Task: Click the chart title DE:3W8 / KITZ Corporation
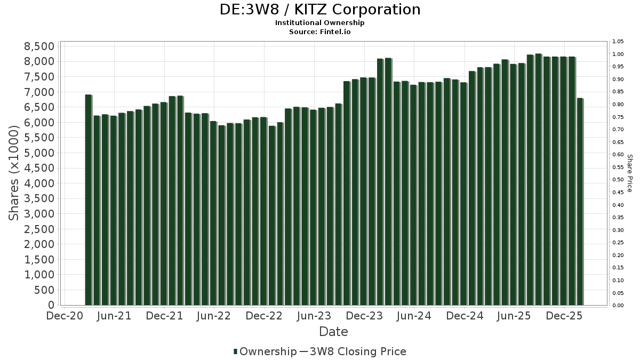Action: pyautogui.click(x=320, y=10)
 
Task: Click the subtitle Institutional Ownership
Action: pyautogui.click(x=320, y=23)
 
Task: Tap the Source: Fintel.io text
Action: pyautogui.click(x=320, y=31)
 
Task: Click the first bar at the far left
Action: pyautogui.click(x=88, y=200)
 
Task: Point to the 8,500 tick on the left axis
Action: pyautogui.click(x=39, y=46)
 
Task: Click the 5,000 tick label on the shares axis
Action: pyautogui.click(x=39, y=153)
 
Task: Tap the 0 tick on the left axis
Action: pyautogui.click(x=51, y=305)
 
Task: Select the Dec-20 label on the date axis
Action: pyautogui.click(x=65, y=316)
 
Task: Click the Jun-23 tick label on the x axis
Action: pyautogui.click(x=315, y=316)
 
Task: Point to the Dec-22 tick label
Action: pyautogui.click(x=265, y=316)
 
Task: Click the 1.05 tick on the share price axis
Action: pyautogui.click(x=618, y=42)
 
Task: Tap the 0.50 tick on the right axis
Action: pyautogui.click(x=618, y=180)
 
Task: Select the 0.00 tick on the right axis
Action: pyautogui.click(x=618, y=306)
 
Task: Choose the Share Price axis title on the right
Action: pyautogui.click(x=629, y=173)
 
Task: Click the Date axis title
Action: pyautogui.click(x=333, y=332)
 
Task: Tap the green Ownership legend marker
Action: pyautogui.click(x=235, y=351)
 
